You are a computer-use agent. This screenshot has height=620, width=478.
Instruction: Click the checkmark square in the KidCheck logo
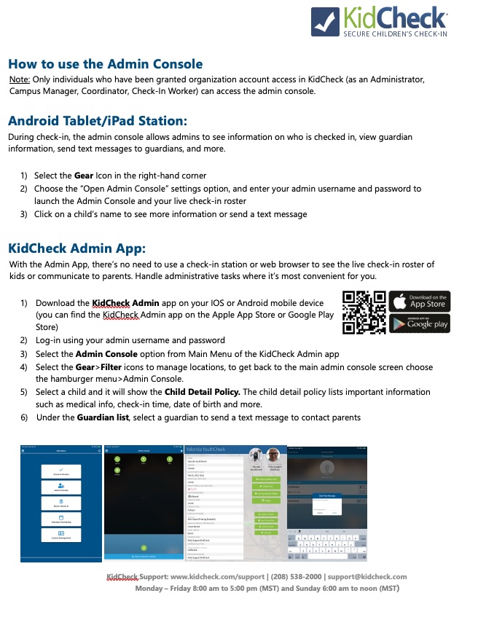tap(324, 20)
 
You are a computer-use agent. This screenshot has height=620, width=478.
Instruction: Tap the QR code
tap(364, 312)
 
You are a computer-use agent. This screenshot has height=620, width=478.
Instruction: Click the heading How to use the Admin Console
tap(105, 64)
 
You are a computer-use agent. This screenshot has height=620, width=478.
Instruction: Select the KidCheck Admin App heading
tap(77, 248)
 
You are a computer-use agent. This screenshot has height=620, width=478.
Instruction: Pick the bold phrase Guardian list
tap(103, 417)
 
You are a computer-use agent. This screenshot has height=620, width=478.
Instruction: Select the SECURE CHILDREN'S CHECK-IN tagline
tap(394, 34)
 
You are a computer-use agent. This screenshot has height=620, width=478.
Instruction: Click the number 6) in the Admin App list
tap(23, 417)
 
